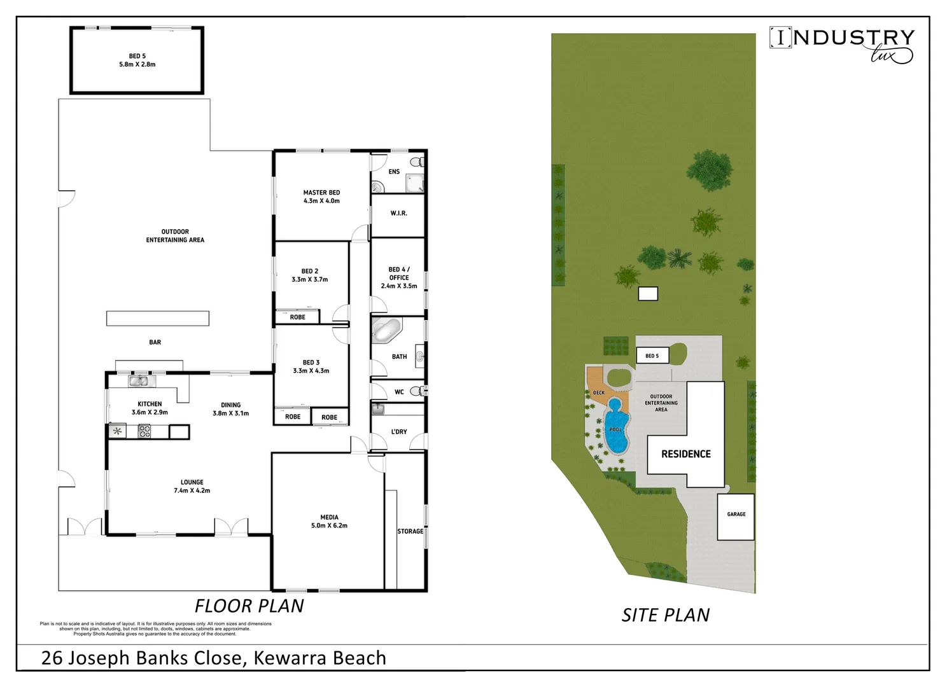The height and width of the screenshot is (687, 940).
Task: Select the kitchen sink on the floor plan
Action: coord(138,381)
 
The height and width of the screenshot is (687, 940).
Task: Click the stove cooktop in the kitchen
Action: coord(144,431)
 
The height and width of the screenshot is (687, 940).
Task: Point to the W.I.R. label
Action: coord(398,213)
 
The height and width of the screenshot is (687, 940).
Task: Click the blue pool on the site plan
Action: coord(615,427)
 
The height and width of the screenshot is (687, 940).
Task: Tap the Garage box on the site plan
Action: coord(736,517)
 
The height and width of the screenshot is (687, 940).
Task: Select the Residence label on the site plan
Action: coord(685,454)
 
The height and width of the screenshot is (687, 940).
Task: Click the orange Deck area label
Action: coord(599,392)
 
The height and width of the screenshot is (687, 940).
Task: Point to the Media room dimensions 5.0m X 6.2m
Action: coord(329,526)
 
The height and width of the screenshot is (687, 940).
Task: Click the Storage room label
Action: coord(410,531)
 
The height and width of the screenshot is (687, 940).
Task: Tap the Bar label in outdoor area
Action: coord(155,342)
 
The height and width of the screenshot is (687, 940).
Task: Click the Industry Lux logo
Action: coord(841,43)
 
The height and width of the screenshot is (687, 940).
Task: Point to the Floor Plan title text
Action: coord(249,606)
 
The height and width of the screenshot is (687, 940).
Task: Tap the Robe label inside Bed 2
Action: coord(297,317)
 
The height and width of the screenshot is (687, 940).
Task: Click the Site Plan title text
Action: coord(665,615)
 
